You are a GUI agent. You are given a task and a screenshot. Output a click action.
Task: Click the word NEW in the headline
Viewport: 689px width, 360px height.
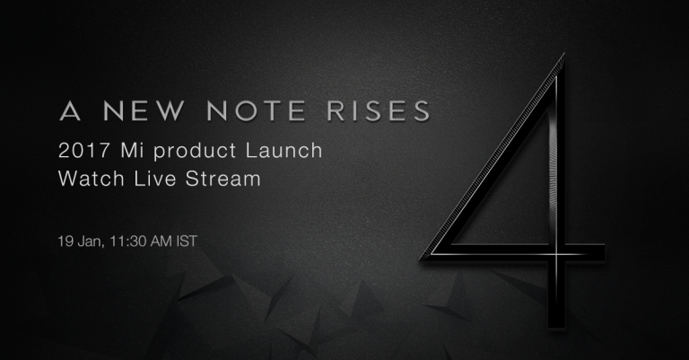(144, 110)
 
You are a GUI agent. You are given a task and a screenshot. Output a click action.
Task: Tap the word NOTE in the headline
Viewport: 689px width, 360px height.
(257, 110)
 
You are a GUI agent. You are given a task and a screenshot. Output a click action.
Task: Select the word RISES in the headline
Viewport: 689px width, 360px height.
(379, 110)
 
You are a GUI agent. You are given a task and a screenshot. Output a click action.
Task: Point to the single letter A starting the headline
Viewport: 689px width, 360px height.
(70, 110)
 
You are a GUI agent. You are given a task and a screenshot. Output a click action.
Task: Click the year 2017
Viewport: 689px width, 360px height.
(84, 151)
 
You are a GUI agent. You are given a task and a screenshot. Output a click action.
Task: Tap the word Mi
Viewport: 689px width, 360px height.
(132, 151)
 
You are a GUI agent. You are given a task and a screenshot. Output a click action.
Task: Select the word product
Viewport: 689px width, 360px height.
(195, 152)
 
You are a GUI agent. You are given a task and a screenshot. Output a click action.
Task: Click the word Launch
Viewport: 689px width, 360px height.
(283, 150)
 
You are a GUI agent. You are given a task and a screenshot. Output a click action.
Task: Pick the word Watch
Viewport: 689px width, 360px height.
(92, 179)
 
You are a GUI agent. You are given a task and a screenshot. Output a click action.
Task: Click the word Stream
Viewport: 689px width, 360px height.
(222, 179)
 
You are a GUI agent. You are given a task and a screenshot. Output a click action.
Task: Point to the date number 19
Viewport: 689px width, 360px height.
(65, 241)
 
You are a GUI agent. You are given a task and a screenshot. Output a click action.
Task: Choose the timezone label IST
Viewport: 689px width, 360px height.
(187, 241)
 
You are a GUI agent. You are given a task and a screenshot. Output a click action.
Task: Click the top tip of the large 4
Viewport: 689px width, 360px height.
(563, 54)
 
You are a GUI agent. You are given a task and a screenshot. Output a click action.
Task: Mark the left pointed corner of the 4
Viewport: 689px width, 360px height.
(421, 259)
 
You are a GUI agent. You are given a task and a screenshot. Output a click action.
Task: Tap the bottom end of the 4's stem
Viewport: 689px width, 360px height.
(556, 328)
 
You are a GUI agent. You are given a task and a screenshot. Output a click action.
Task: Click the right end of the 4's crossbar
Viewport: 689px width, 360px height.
(605, 254)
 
